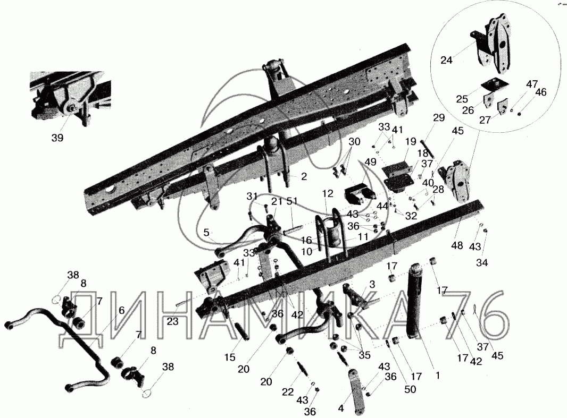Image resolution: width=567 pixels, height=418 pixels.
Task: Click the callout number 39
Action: [x=57, y=138]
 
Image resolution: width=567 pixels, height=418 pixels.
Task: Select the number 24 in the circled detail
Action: [x=447, y=61]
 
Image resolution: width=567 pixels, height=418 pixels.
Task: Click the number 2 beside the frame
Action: [x=303, y=177]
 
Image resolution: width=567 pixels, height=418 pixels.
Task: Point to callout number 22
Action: [x=288, y=392]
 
